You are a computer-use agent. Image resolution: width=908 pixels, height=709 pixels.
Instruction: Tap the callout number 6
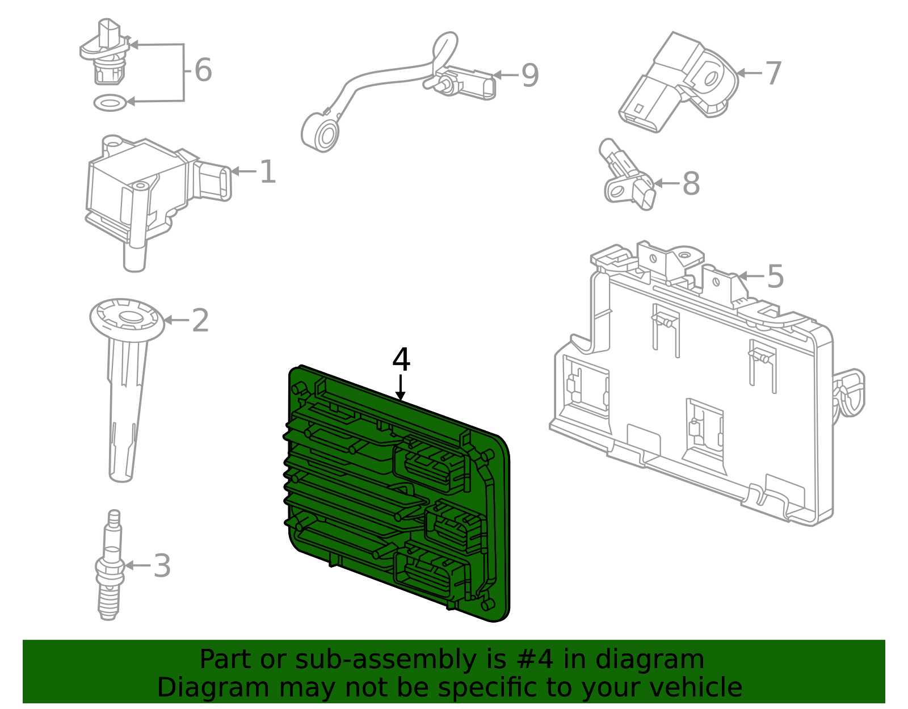pos(203,70)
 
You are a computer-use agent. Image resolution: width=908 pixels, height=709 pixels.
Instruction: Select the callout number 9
pos(529,75)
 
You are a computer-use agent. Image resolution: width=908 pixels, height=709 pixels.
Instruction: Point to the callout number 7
pos(774,73)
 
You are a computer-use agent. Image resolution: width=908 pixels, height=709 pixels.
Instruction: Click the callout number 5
pos(775,276)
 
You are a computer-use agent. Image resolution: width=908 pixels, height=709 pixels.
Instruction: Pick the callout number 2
pos(200,321)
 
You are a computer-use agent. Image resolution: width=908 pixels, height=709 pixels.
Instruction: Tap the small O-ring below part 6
pos(110,103)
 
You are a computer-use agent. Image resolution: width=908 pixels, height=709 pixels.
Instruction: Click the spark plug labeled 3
pos(110,568)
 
